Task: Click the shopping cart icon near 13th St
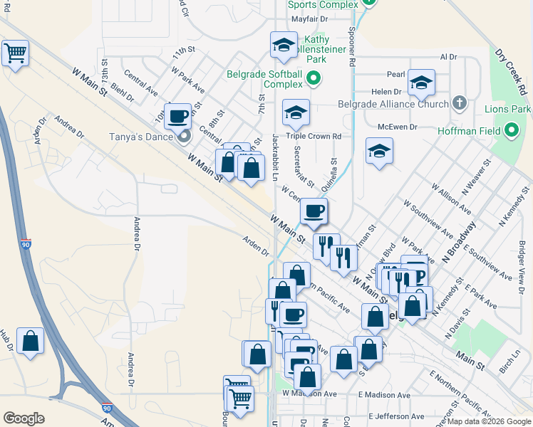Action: (15, 53)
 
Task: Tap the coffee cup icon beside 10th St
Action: (177, 115)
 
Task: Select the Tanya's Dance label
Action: (141, 137)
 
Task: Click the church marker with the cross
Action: (460, 102)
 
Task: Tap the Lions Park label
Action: (507, 109)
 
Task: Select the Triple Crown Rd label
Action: (314, 136)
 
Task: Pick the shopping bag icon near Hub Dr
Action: (31, 340)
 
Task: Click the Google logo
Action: (24, 418)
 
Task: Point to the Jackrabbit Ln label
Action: (275, 150)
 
